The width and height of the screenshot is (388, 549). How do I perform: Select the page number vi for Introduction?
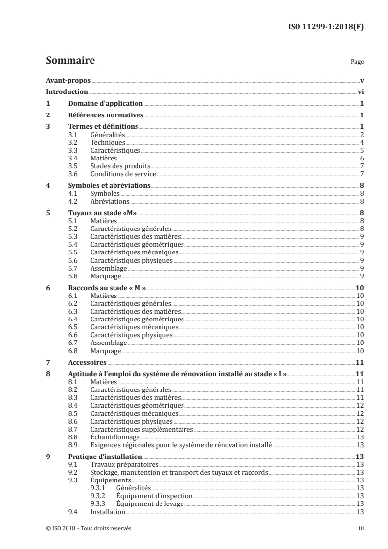tap(360, 91)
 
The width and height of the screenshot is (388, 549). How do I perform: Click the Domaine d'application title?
tap(105, 103)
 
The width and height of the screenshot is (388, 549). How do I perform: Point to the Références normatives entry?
tap(105, 115)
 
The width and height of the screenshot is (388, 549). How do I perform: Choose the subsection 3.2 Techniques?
tap(108, 142)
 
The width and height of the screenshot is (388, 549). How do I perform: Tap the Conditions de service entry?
tap(123, 174)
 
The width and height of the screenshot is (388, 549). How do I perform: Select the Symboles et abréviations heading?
tap(109, 186)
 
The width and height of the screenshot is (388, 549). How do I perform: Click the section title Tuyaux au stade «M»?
tap(102, 213)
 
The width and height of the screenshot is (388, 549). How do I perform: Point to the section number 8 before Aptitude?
tap(47, 374)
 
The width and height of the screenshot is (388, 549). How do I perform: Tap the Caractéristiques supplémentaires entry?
tap(142, 429)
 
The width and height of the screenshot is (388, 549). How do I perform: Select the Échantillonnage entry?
tap(115, 437)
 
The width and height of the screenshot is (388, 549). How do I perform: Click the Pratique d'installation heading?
tap(101, 457)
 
